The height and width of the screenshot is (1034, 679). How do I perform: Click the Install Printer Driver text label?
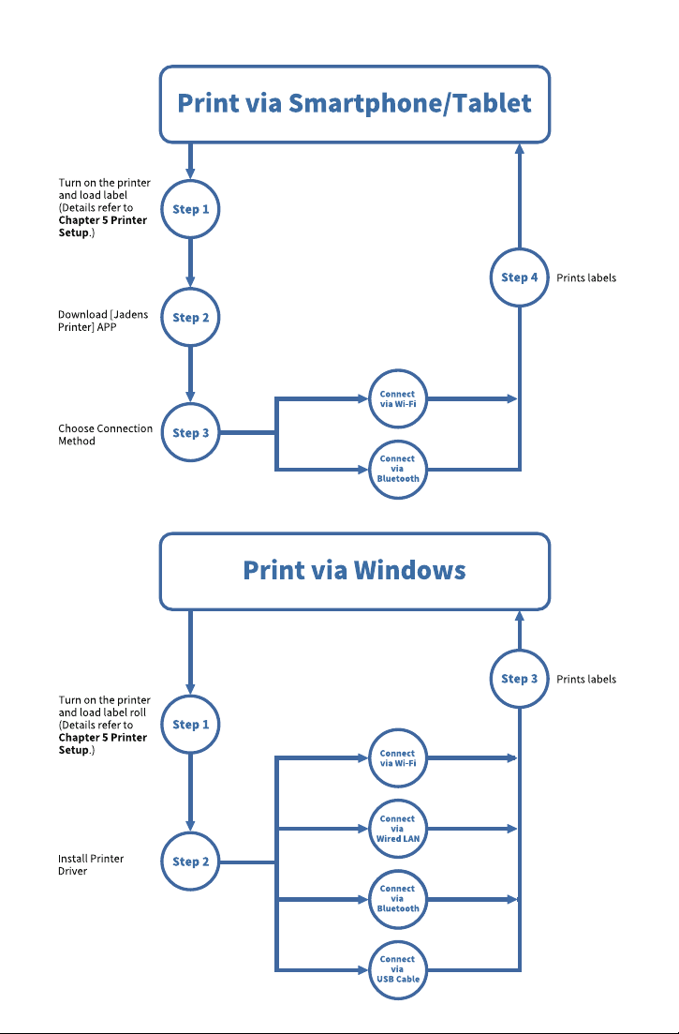click(91, 864)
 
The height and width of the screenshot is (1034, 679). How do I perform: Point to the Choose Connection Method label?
click(106, 435)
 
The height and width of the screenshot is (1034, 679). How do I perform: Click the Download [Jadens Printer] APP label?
click(103, 321)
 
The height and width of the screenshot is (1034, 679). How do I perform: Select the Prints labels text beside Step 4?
click(586, 278)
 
